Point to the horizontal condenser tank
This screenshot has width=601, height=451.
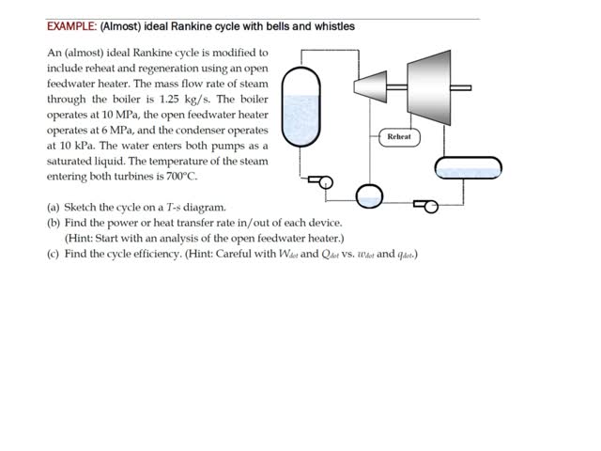pos(468,168)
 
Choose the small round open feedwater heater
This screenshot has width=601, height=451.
pos(369,195)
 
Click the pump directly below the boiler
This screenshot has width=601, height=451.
pos(321,182)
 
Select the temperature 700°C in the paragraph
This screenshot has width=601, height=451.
pos(178,176)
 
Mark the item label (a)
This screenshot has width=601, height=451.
pos(54,207)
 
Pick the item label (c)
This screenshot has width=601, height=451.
pos(54,254)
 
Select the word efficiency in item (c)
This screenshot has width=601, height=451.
pos(156,254)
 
